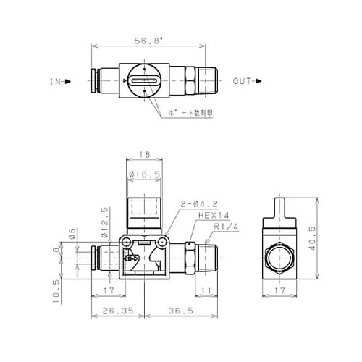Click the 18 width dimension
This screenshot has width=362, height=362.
143,155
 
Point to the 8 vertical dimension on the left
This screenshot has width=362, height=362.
64,252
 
